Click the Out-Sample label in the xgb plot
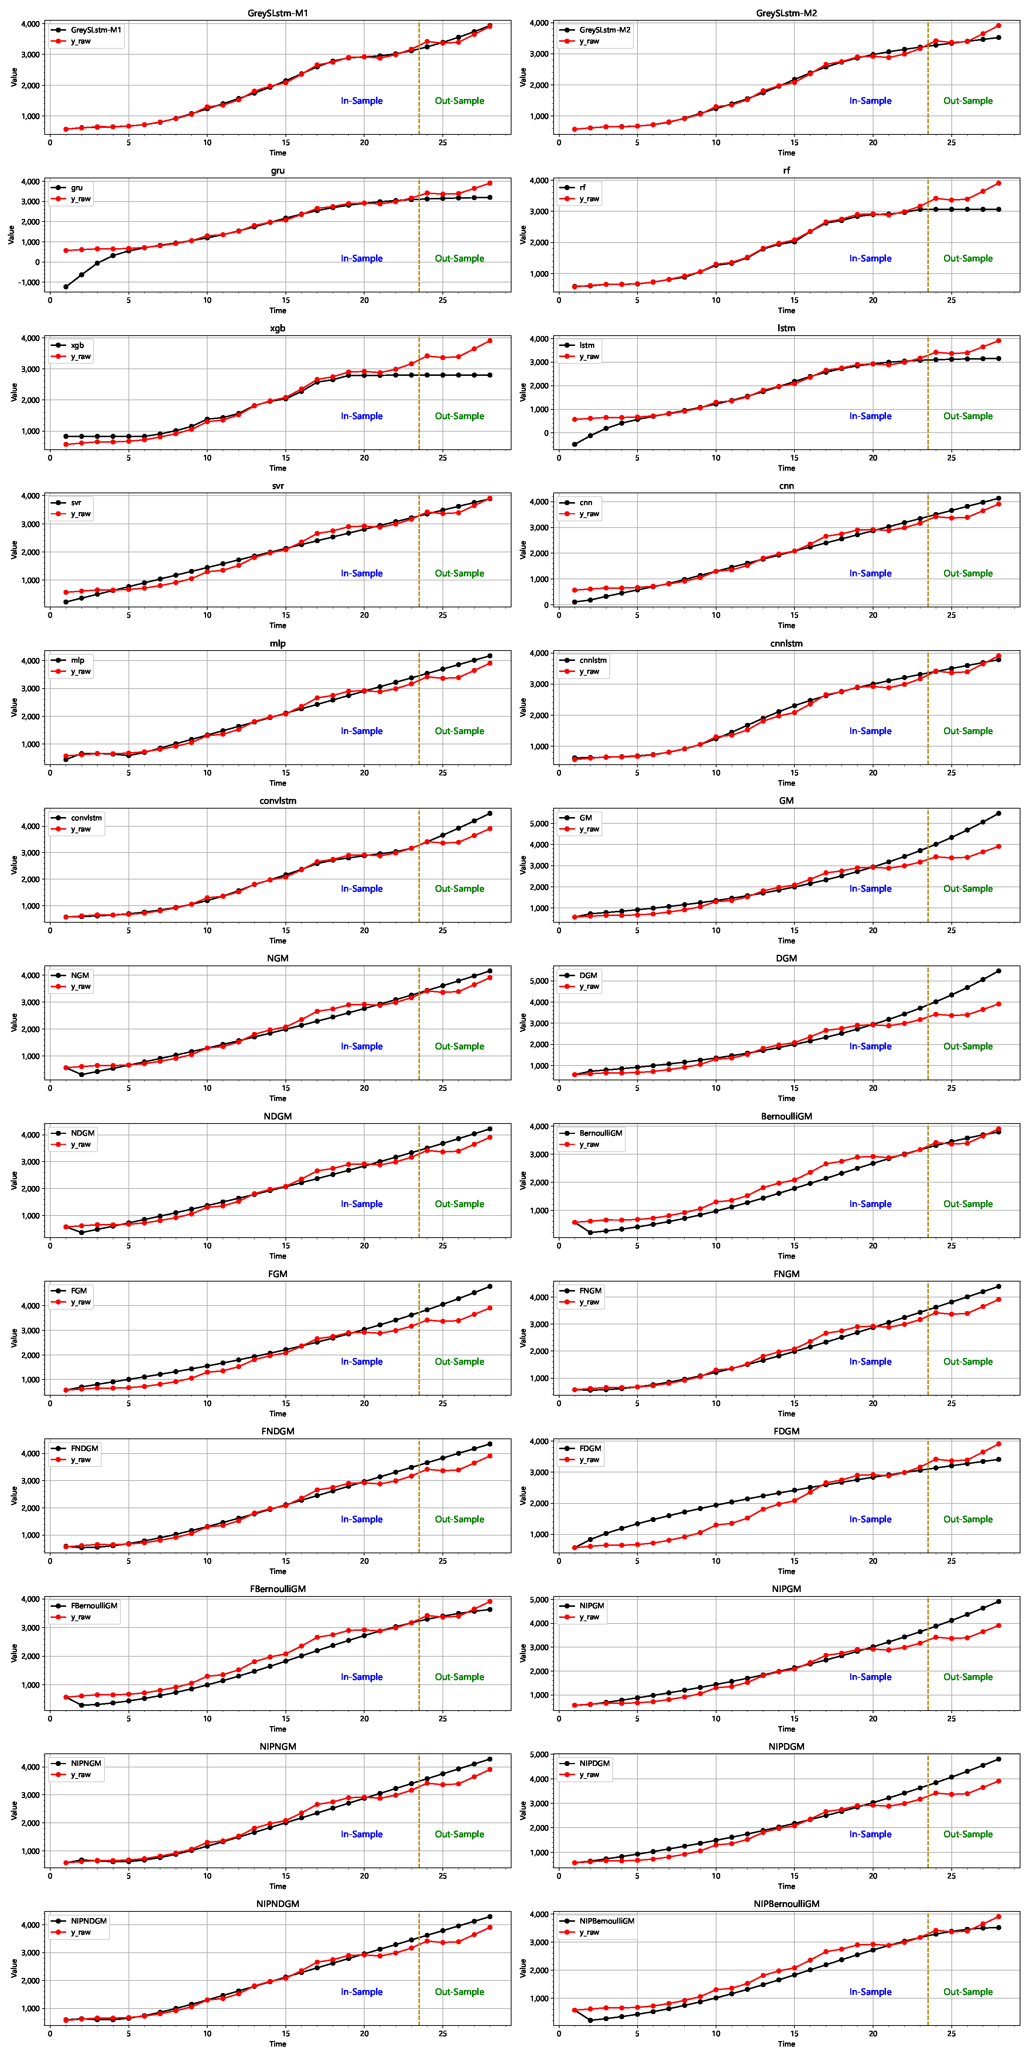459,416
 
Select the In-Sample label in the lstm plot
870,416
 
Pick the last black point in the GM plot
998,813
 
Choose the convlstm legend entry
86,818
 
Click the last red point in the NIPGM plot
998,1625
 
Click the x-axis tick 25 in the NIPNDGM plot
442,2033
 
